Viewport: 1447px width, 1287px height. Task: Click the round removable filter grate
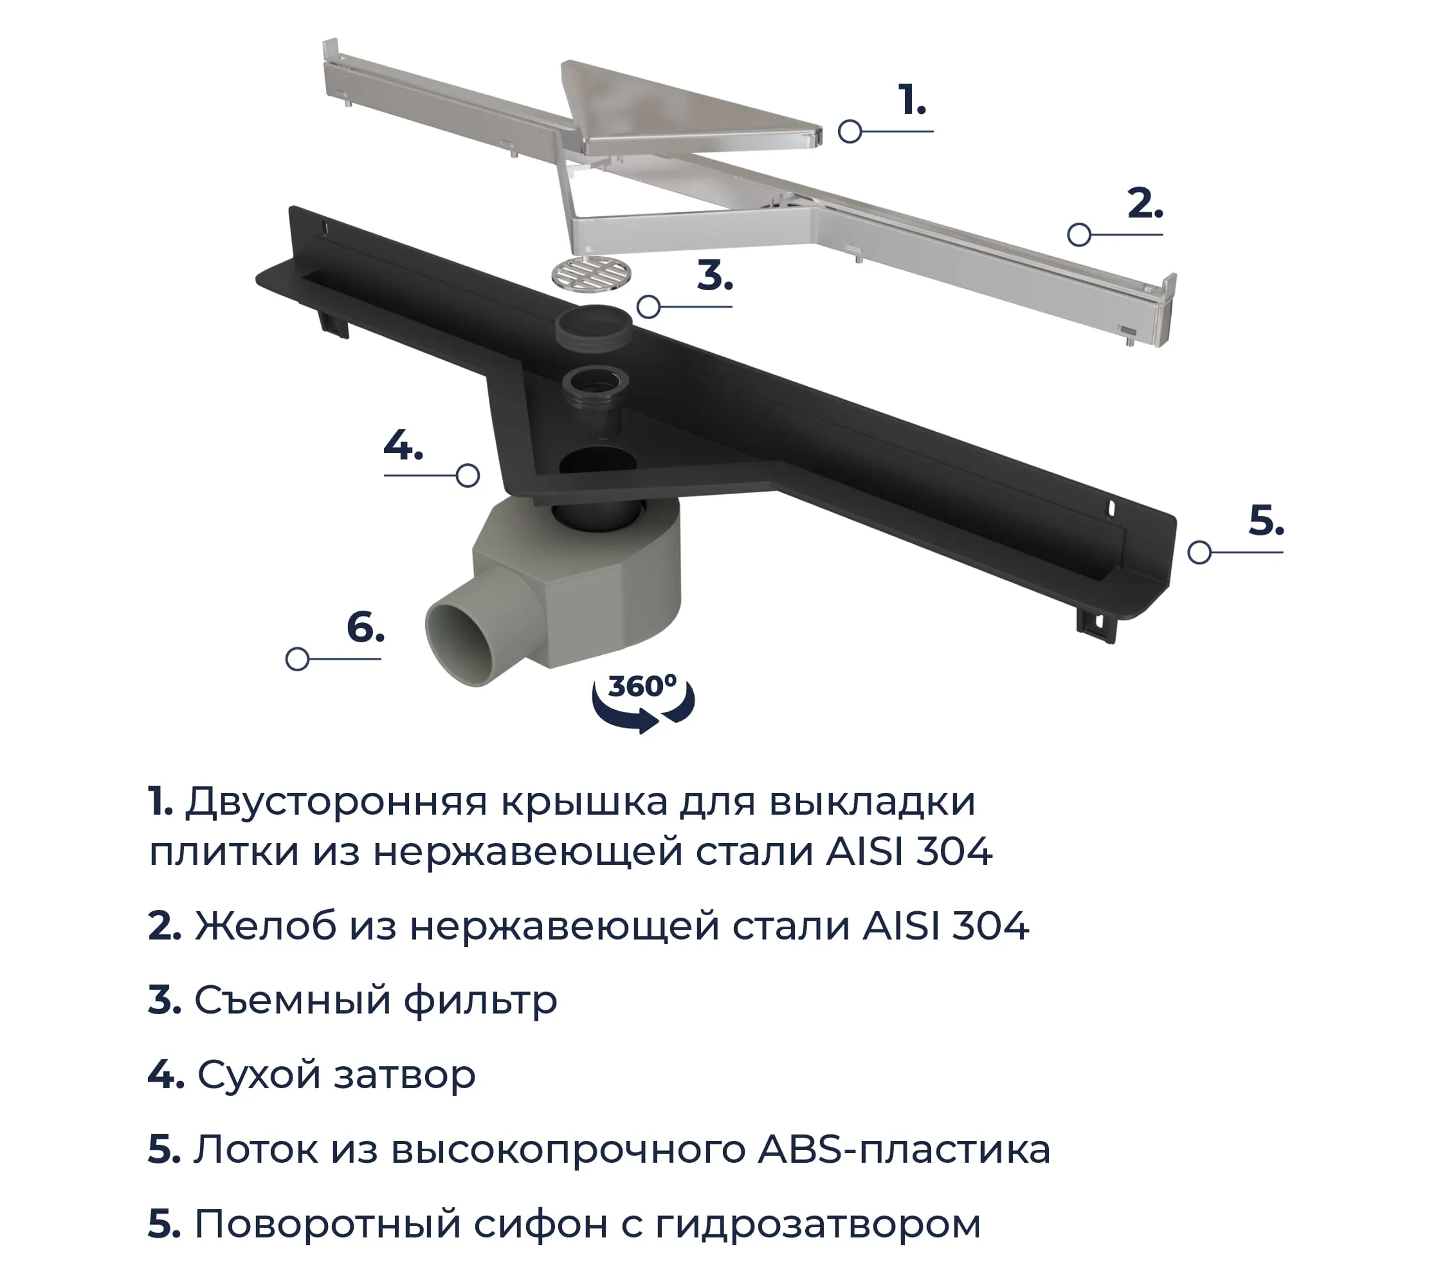(591, 273)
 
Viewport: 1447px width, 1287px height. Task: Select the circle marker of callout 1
(850, 131)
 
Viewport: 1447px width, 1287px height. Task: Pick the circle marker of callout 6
(296, 659)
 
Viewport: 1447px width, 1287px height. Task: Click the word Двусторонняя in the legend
(336, 801)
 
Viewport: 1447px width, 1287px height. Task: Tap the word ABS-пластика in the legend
(904, 1148)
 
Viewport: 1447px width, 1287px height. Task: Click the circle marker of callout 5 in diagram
(1199, 551)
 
